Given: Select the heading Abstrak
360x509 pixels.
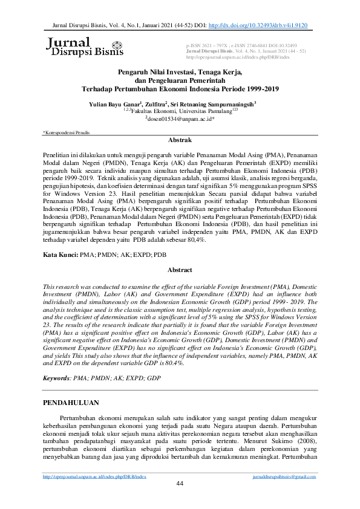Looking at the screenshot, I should [180, 140].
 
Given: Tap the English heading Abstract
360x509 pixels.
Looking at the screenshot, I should [180, 270].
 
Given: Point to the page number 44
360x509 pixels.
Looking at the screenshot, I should [180, 500].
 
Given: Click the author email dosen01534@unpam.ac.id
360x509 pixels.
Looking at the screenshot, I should [179, 119].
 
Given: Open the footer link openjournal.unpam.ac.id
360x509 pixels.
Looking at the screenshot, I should [95, 493].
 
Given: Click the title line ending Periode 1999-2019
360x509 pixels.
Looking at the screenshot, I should [180, 88].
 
